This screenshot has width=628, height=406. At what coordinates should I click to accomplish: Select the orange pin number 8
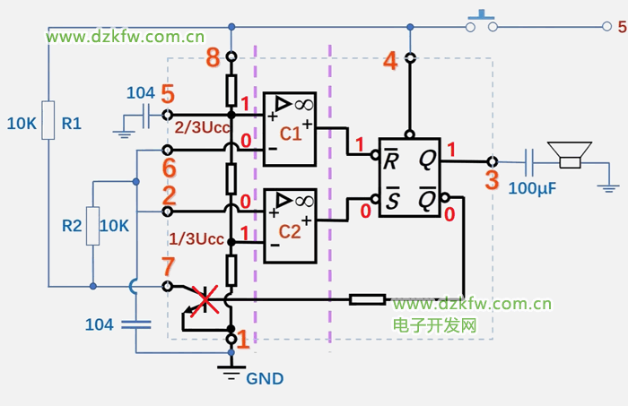pos(213,60)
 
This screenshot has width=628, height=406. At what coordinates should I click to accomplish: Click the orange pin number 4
pos(390,61)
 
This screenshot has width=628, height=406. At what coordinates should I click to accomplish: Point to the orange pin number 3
pos(491,179)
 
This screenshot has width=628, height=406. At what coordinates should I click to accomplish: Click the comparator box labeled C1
pos(289,129)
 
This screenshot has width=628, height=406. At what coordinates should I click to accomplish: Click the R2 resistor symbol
pos(93,225)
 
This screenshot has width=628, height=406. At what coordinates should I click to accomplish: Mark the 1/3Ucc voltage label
pos(196,239)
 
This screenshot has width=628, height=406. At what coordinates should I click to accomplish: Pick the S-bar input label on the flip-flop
pos(391,199)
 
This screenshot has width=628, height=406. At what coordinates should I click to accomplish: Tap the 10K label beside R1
pos(22,125)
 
